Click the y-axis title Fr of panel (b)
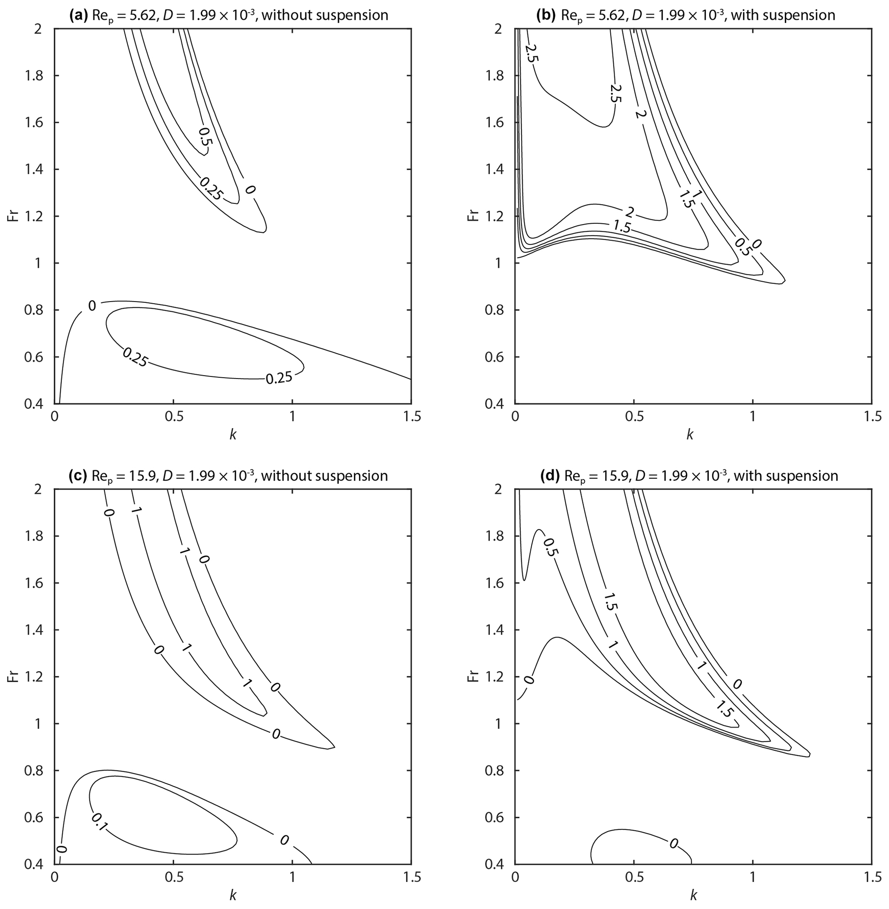coord(474,216)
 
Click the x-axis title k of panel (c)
coord(233,897)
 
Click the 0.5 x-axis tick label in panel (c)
coord(173,878)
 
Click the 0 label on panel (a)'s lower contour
coord(92,306)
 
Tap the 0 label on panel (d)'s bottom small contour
coord(673,844)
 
